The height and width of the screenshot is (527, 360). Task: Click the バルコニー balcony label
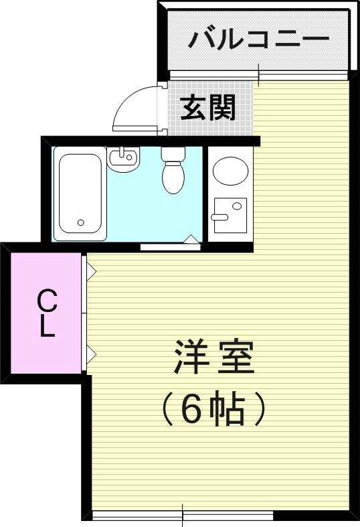click(x=258, y=39)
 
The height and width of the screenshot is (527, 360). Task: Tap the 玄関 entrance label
click(x=208, y=106)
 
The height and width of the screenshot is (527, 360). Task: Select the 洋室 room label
click(x=214, y=358)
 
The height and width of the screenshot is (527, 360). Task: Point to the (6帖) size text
click(x=214, y=410)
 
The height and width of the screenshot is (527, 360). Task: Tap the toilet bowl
click(x=173, y=175)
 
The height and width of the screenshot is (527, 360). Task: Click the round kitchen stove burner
click(x=230, y=171)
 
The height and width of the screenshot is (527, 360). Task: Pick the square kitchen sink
click(x=229, y=215)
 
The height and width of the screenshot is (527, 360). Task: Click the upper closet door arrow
click(x=91, y=272)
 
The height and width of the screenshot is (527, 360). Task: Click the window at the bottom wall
click(x=183, y=515)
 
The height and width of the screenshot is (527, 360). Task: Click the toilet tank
click(x=173, y=154)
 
